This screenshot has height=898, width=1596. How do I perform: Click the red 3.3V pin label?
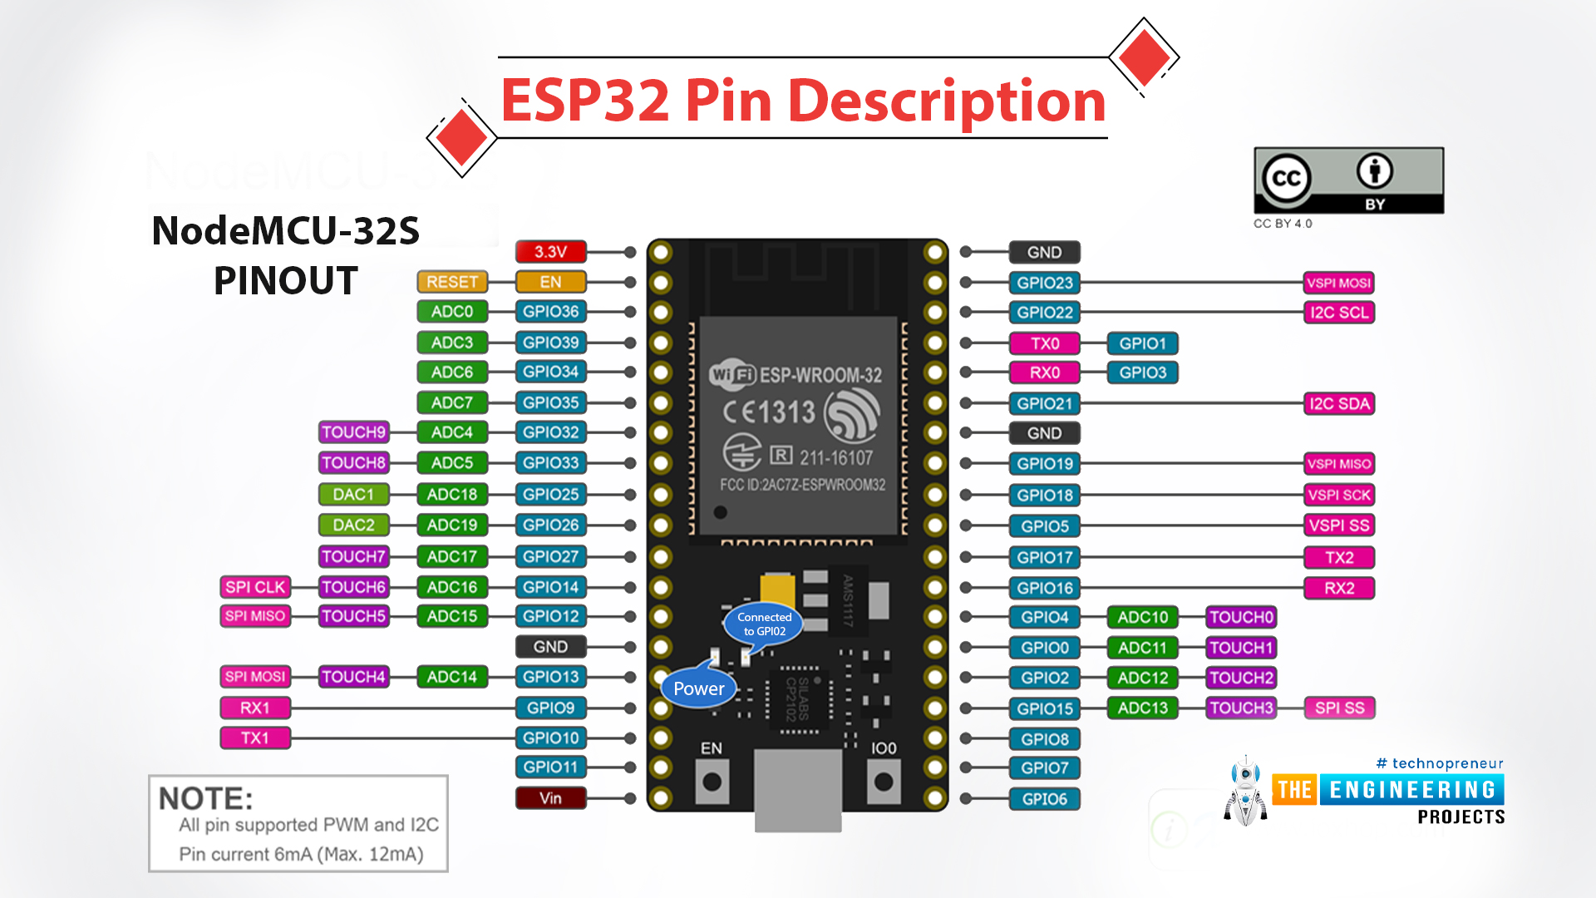[550, 251]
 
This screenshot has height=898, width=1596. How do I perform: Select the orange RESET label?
[451, 282]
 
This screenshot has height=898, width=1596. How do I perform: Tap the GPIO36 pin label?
[550, 312]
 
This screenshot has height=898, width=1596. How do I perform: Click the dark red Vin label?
[550, 798]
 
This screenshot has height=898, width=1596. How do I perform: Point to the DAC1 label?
[353, 495]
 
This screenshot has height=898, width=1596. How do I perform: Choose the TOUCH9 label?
[353, 432]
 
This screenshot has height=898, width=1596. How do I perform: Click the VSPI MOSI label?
[1338, 283]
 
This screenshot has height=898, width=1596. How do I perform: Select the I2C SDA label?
[1338, 404]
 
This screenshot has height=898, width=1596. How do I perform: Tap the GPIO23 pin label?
[1044, 283]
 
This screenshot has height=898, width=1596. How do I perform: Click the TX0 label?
[1044, 343]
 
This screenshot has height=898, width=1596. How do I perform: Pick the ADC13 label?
[1142, 708]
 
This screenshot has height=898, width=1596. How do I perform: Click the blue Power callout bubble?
[698, 688]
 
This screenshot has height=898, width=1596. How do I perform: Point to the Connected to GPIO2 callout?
[764, 624]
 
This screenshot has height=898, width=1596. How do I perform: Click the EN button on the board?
[712, 782]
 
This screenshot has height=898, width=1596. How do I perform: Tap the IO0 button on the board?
[884, 782]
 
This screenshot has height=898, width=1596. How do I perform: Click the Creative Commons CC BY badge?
[1348, 180]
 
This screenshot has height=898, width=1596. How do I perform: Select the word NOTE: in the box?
[205, 799]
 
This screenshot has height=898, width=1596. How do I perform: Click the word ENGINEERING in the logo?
[1412, 790]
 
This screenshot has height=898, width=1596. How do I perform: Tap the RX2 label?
[1338, 589]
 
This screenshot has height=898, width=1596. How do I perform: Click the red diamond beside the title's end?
[1144, 57]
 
